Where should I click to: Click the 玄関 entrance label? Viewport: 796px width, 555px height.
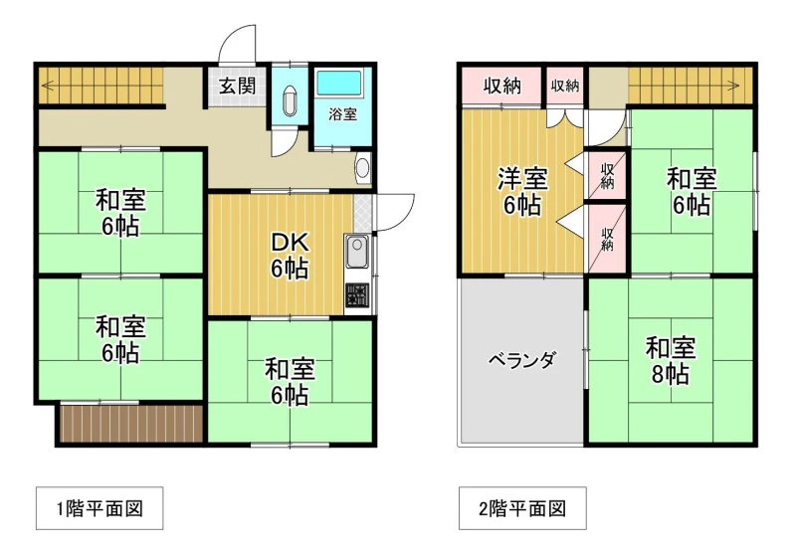(237, 87)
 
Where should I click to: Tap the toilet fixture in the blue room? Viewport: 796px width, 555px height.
(291, 100)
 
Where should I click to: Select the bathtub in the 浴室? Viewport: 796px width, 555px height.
(339, 83)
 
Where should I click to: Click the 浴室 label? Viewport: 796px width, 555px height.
(342, 114)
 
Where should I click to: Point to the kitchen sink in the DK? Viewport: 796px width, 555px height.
(357, 252)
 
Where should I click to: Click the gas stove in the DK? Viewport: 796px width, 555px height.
(357, 295)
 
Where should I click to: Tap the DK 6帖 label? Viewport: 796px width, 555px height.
(290, 257)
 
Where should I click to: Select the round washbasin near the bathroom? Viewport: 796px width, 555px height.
(362, 168)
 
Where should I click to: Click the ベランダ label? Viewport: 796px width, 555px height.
(522, 361)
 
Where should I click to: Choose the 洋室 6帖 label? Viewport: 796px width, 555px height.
(522, 192)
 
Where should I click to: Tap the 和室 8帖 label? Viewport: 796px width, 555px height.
(671, 361)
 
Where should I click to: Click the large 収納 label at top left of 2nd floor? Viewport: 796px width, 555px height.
(502, 87)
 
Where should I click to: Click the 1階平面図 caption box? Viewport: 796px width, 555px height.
(99, 508)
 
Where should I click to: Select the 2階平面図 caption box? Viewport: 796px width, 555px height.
(523, 508)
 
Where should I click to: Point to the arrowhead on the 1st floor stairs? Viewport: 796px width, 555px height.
(45, 85)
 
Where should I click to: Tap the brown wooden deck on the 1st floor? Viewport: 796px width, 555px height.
(132, 423)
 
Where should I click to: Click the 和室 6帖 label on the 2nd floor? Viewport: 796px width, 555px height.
(692, 192)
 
